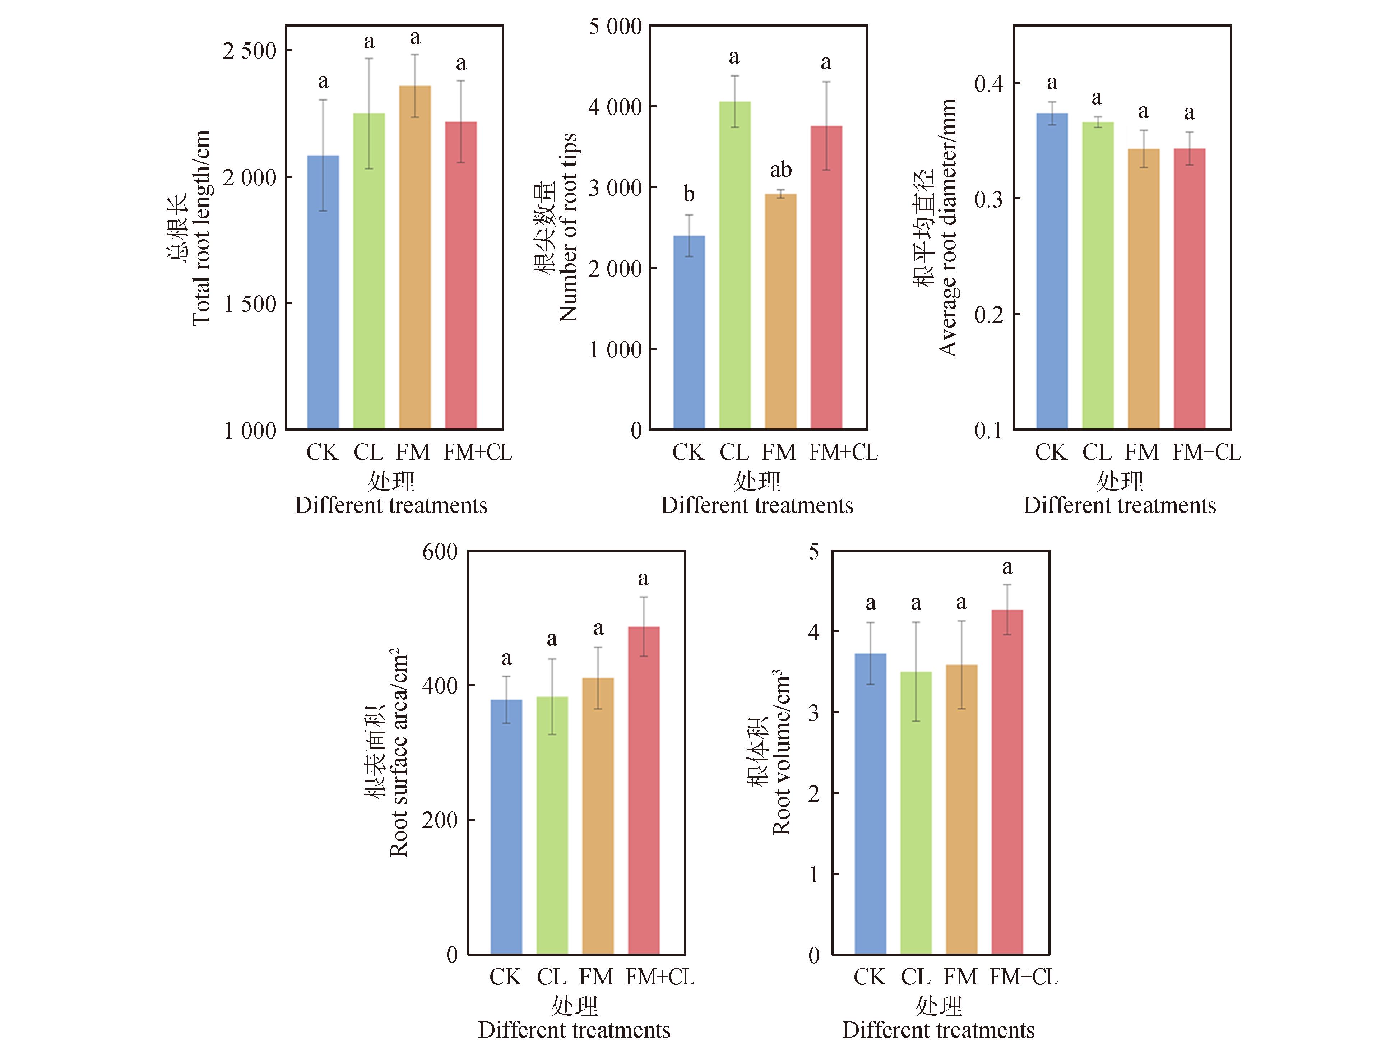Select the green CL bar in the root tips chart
[735, 266]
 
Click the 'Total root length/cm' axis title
[201, 228]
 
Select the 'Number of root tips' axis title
[568, 228]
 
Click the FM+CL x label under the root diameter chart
[1206, 453]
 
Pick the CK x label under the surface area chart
[505, 977]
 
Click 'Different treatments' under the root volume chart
[938, 1030]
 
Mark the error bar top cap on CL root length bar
[369, 59]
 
